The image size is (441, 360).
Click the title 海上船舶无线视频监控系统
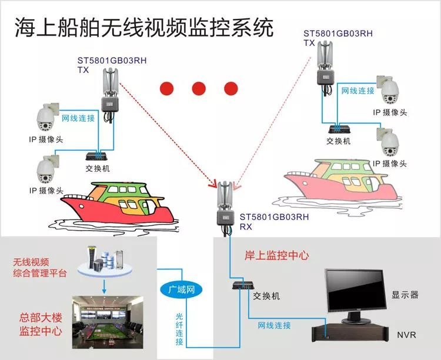pos(143,27)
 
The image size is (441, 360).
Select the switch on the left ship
pos(96,156)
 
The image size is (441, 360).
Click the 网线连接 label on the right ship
pos(358,91)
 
